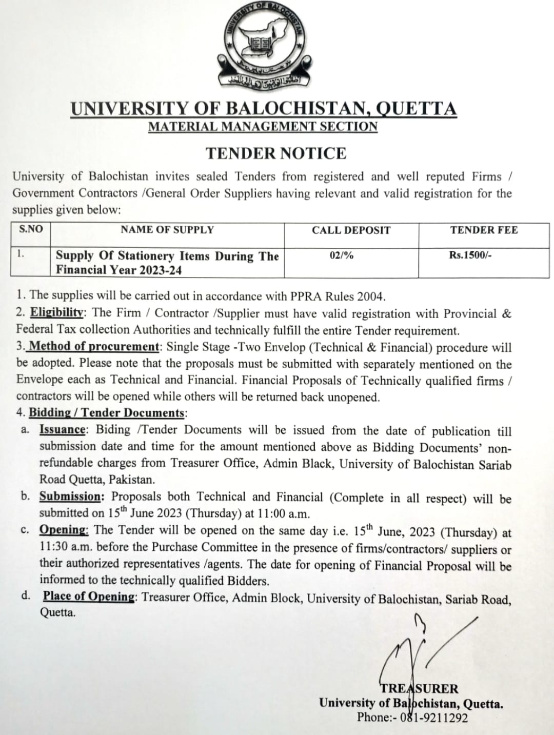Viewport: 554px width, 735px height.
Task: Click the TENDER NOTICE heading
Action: point(276,153)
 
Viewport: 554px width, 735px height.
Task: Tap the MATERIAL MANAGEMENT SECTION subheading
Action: point(263,127)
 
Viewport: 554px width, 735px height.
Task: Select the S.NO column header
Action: point(31,229)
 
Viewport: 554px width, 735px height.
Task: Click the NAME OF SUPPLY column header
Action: point(167,230)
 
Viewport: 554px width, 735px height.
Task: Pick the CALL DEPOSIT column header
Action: point(351,230)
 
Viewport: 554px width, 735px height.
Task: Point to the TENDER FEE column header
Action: point(484,230)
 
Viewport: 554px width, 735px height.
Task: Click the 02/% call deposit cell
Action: point(342,255)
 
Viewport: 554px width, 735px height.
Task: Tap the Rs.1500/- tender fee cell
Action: point(470,255)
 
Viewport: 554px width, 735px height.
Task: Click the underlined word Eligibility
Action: point(56,312)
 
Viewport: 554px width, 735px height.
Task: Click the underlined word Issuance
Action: point(62,430)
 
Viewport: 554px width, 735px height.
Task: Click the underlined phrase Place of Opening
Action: point(89,596)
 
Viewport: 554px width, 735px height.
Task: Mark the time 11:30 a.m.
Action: point(65,547)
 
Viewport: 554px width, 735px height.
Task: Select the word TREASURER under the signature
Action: point(419,689)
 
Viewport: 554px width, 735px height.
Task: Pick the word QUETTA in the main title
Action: point(416,109)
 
